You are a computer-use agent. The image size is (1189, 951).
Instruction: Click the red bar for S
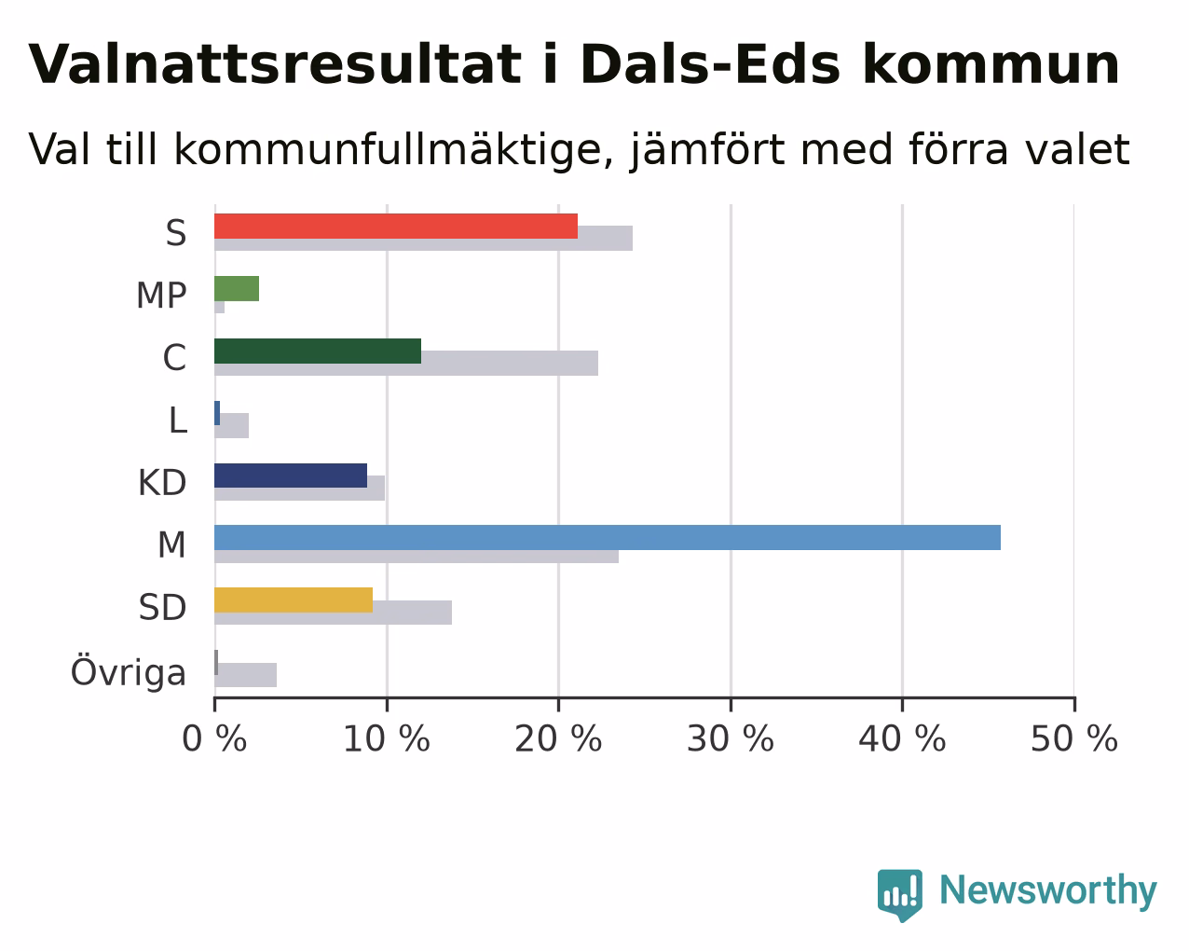pyautogui.click(x=396, y=227)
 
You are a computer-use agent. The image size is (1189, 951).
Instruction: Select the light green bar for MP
pyautogui.click(x=237, y=289)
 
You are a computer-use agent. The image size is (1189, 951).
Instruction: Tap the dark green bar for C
pyautogui.click(x=318, y=351)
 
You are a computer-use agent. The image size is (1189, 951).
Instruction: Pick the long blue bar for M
pyautogui.click(x=608, y=537)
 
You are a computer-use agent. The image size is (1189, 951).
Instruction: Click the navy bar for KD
pyautogui.click(x=291, y=475)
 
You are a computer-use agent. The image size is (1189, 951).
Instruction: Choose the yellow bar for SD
pyautogui.click(x=294, y=600)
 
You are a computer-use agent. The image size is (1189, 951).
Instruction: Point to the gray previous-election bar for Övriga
pyautogui.click(x=246, y=675)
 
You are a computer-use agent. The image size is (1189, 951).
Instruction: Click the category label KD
pyautogui.click(x=162, y=483)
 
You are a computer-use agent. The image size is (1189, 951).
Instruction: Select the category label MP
pyautogui.click(x=161, y=296)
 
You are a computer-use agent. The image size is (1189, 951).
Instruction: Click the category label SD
pyautogui.click(x=162, y=607)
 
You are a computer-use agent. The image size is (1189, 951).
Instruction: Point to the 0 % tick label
pyautogui.click(x=214, y=738)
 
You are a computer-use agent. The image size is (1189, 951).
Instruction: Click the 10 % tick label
pyautogui.click(x=387, y=738)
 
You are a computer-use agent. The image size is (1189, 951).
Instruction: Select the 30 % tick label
pyautogui.click(x=731, y=738)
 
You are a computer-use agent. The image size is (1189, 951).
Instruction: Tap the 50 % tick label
pyautogui.click(x=1074, y=738)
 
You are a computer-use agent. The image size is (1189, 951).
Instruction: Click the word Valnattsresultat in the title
pyautogui.click(x=275, y=64)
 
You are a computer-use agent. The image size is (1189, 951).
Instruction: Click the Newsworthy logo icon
pyautogui.click(x=900, y=894)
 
